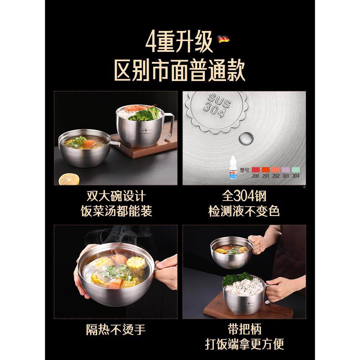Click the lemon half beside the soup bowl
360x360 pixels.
[69, 179]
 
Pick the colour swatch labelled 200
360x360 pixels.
[256, 170]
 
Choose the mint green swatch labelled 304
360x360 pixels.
[296, 170]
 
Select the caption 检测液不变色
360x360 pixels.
[244, 211]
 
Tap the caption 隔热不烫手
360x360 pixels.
[116, 329]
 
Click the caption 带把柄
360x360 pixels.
[244, 329]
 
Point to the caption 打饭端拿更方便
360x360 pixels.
[244, 344]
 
